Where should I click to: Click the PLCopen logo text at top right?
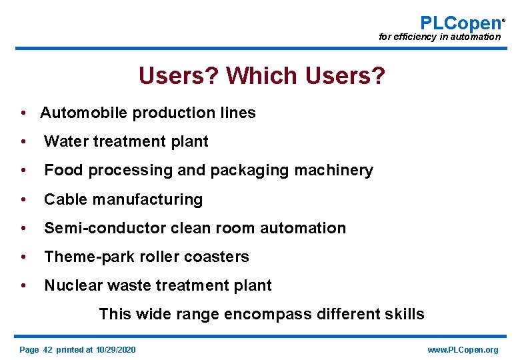click(x=461, y=23)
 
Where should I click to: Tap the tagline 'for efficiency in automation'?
click(x=439, y=37)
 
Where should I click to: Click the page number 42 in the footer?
click(x=47, y=350)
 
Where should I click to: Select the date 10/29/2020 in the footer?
click(x=115, y=350)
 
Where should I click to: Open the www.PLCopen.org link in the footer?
click(x=462, y=350)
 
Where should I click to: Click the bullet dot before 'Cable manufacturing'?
click(x=23, y=199)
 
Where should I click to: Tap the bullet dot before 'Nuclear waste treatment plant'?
click(x=23, y=285)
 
